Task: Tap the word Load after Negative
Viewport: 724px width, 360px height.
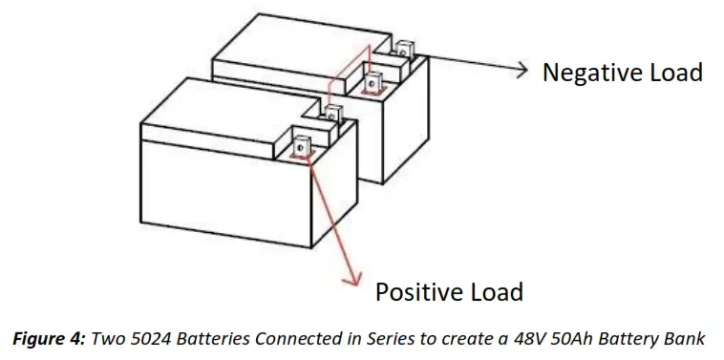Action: click(674, 73)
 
